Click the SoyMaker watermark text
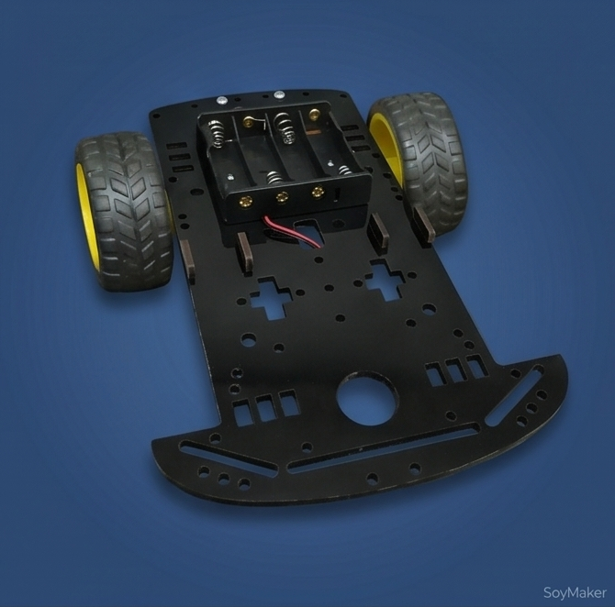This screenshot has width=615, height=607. (x=575, y=593)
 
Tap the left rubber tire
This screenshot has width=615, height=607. (x=124, y=212)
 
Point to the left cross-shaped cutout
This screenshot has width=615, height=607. (x=272, y=297)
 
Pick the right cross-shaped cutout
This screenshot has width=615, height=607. (x=386, y=280)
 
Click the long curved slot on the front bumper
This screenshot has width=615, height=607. (x=384, y=447)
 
